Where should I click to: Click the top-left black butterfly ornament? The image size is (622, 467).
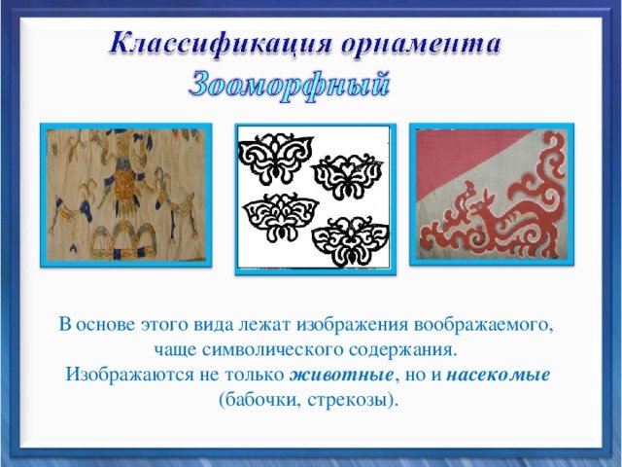pyautogui.click(x=276, y=158)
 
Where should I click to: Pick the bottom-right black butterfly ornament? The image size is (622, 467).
pyautogui.click(x=351, y=241)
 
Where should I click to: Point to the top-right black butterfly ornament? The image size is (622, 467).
pyautogui.click(x=348, y=175)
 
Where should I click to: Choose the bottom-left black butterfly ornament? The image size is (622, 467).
pyautogui.click(x=281, y=217)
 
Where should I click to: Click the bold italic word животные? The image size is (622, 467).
pyautogui.click(x=341, y=375)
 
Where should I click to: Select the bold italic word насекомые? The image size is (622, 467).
pyautogui.click(x=499, y=375)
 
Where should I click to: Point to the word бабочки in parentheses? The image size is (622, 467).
pyautogui.click(x=259, y=399)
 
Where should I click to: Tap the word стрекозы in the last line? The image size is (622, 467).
pyautogui.click(x=352, y=400)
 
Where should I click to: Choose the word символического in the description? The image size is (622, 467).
pyautogui.click(x=273, y=350)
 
